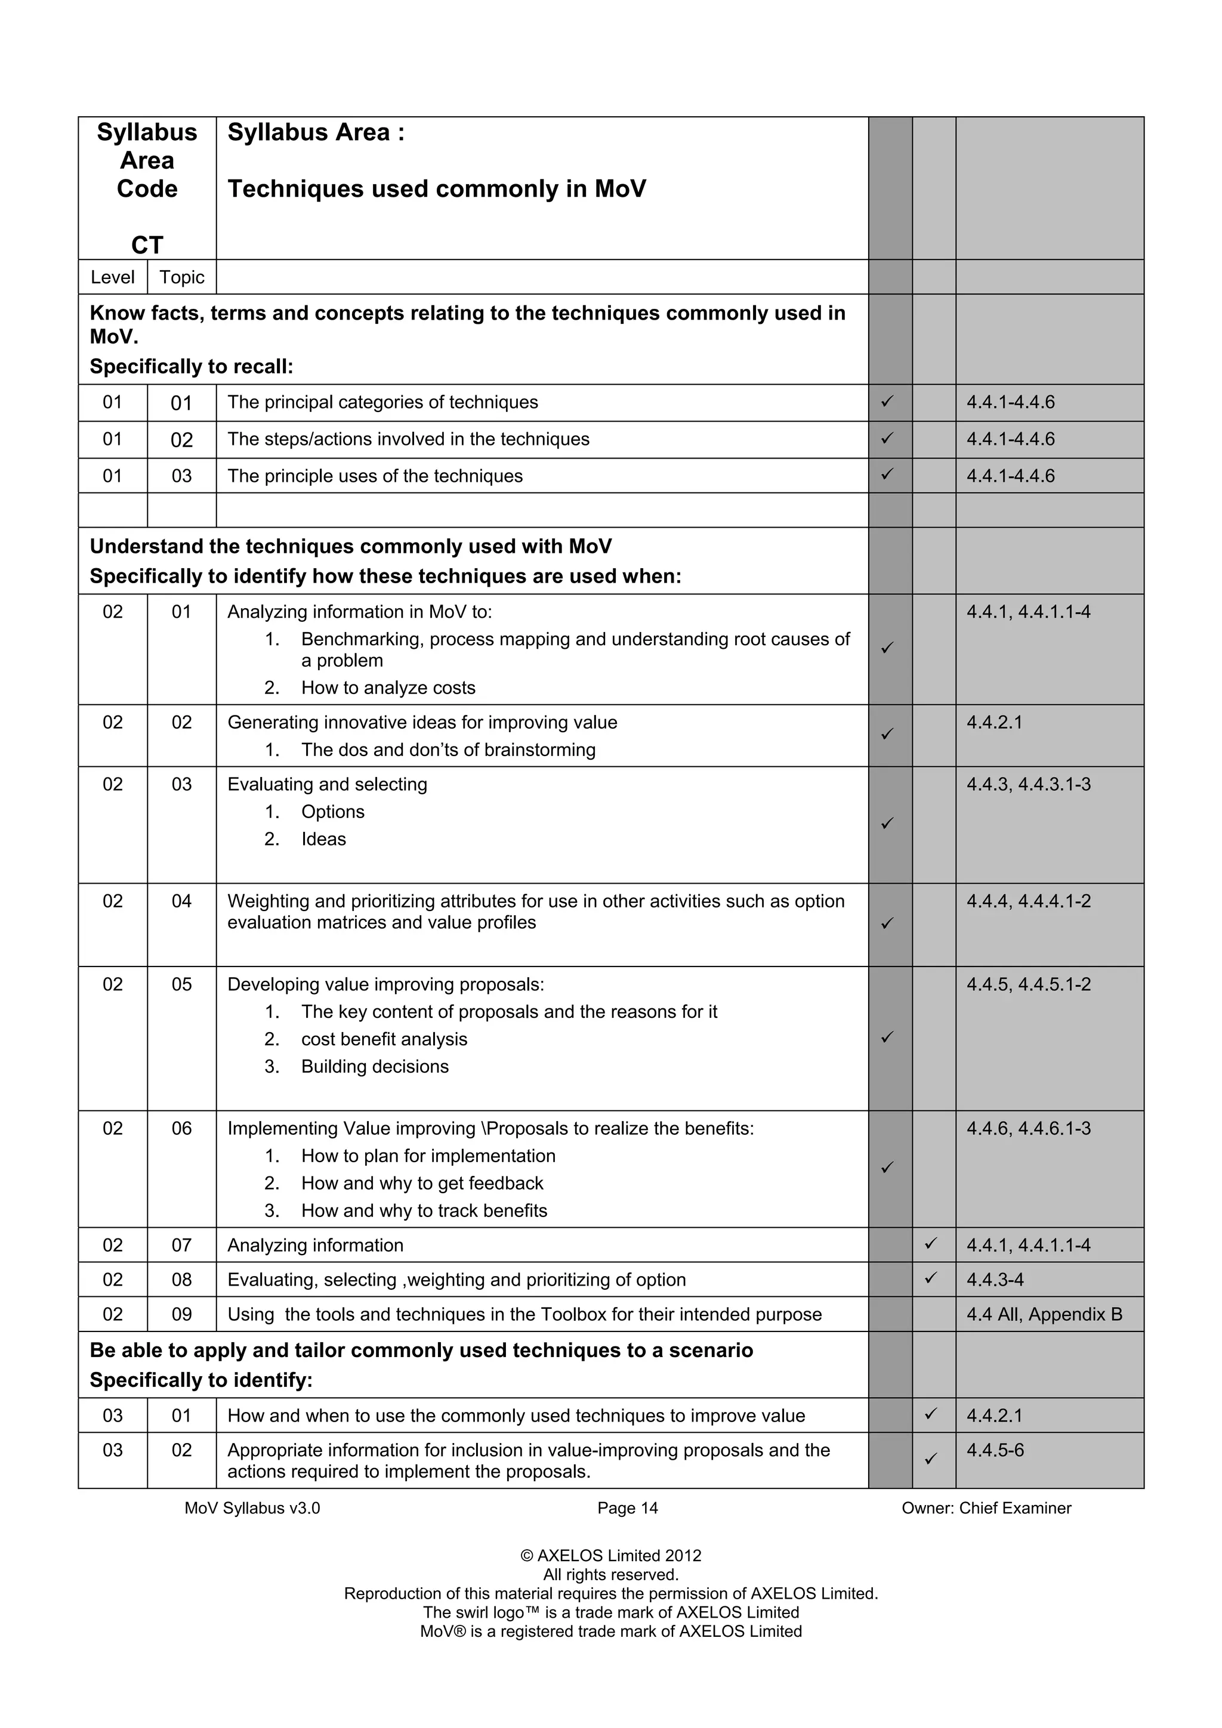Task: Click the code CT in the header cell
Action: point(147,245)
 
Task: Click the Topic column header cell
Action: point(181,277)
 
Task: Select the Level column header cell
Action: point(112,277)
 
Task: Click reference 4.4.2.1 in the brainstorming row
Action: point(994,723)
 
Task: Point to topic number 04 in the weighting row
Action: point(181,901)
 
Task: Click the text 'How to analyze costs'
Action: point(388,688)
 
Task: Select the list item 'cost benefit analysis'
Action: point(384,1039)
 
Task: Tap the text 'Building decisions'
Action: point(374,1067)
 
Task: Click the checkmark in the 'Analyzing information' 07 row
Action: point(931,1244)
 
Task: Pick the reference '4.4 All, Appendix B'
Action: point(1044,1314)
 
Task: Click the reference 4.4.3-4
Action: point(995,1280)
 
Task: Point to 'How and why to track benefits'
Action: point(424,1210)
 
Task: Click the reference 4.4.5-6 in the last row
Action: point(995,1450)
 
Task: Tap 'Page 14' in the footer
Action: point(627,1508)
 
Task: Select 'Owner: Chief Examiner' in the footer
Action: point(986,1508)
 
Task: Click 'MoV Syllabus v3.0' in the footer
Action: point(252,1508)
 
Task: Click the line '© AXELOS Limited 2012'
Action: point(610,1556)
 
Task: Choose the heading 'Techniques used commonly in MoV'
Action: point(437,189)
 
